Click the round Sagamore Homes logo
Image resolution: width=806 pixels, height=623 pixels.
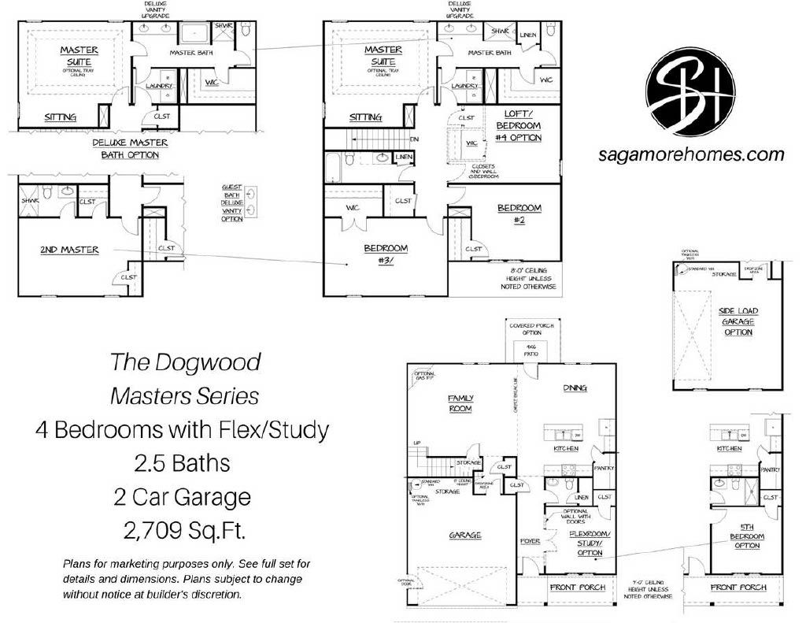pyautogui.click(x=690, y=93)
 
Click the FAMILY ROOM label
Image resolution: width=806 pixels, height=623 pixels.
pyautogui.click(x=460, y=403)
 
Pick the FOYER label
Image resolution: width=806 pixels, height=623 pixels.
pyautogui.click(x=530, y=541)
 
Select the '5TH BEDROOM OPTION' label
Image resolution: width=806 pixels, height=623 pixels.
pyautogui.click(x=747, y=540)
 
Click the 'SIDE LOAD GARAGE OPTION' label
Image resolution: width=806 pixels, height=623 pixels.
pyautogui.click(x=738, y=321)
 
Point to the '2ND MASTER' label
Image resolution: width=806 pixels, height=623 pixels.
pyautogui.click(x=70, y=250)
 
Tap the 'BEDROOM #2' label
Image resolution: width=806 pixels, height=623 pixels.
pyautogui.click(x=519, y=213)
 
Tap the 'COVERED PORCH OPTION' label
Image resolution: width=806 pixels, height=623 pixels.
pyautogui.click(x=536, y=329)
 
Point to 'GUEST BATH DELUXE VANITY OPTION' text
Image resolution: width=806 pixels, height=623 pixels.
pyautogui.click(x=232, y=202)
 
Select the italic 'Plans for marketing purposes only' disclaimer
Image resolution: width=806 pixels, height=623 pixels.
pyautogui.click(x=182, y=579)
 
